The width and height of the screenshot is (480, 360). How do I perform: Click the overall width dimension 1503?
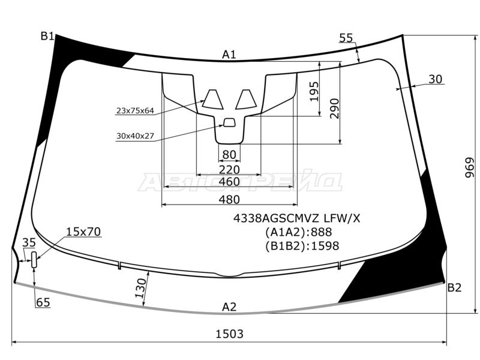pyautogui.click(x=229, y=334)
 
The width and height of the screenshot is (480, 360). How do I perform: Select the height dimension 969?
pyautogui.click(x=469, y=168)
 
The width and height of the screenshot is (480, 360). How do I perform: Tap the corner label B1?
pyautogui.click(x=47, y=37)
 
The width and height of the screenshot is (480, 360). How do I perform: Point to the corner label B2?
pyautogui.click(x=454, y=288)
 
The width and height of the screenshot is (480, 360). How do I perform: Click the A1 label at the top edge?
pyautogui.click(x=229, y=55)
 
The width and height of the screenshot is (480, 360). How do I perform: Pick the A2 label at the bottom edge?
pyautogui.click(x=229, y=307)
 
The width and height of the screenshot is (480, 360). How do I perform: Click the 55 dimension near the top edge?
pyautogui.click(x=346, y=38)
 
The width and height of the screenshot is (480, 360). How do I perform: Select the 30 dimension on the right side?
pyautogui.click(x=436, y=79)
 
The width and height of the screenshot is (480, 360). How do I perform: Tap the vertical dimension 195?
pyautogui.click(x=314, y=91)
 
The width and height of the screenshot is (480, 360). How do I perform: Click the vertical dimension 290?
pyautogui.click(x=334, y=109)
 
